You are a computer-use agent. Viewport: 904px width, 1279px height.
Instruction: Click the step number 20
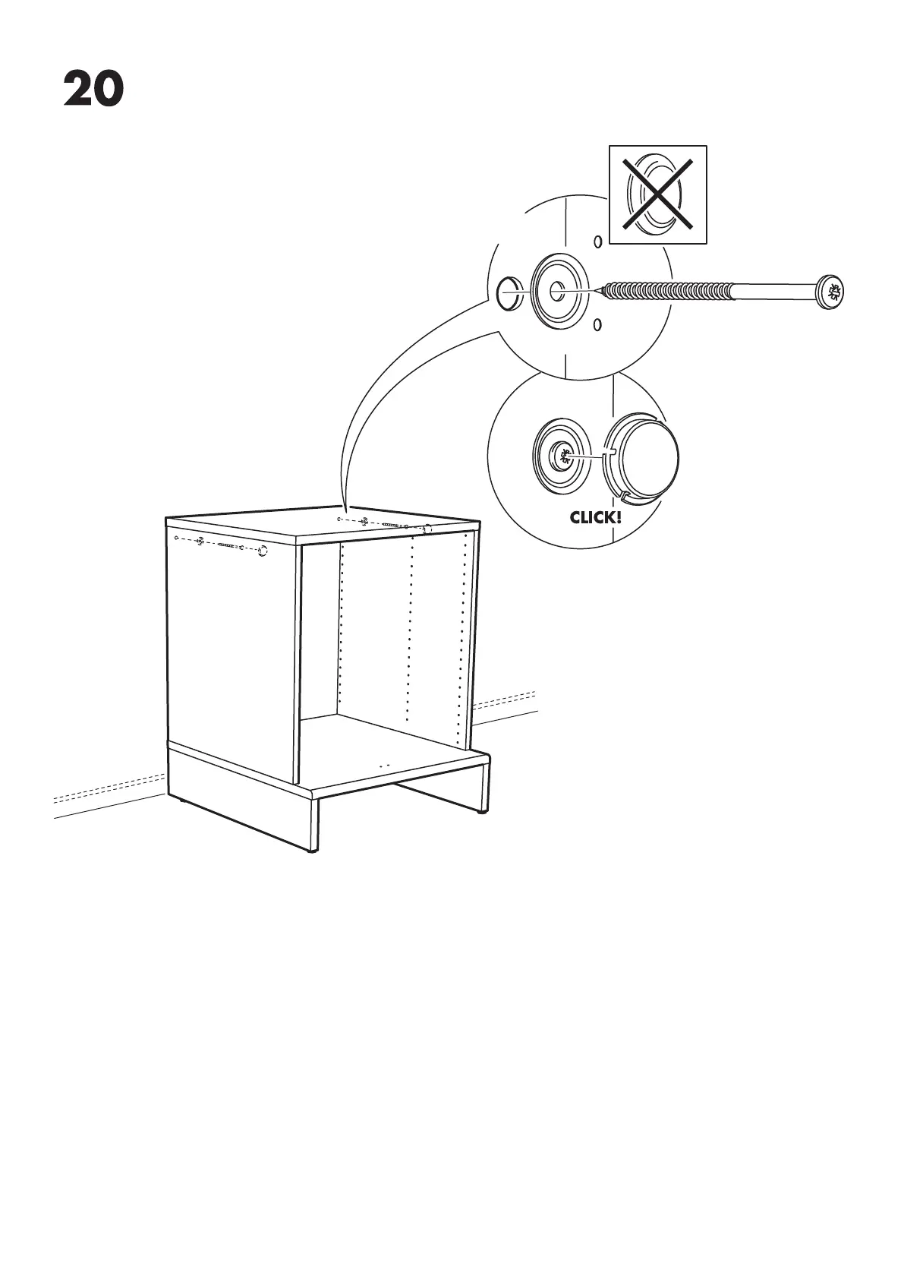click(x=93, y=89)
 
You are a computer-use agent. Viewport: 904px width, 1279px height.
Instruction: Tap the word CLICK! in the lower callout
click(x=595, y=518)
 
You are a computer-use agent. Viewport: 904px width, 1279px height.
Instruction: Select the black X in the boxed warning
click(x=657, y=194)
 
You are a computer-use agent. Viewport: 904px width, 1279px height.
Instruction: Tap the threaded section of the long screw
click(x=668, y=290)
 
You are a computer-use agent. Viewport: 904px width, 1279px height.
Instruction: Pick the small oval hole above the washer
click(x=597, y=242)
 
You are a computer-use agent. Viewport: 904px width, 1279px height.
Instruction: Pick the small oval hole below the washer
click(x=597, y=325)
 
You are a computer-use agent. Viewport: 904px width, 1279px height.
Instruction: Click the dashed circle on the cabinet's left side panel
click(x=263, y=551)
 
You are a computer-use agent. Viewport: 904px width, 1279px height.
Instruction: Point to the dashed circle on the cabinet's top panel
click(x=427, y=529)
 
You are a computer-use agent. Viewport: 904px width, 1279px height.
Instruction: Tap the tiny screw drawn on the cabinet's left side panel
click(x=227, y=545)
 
